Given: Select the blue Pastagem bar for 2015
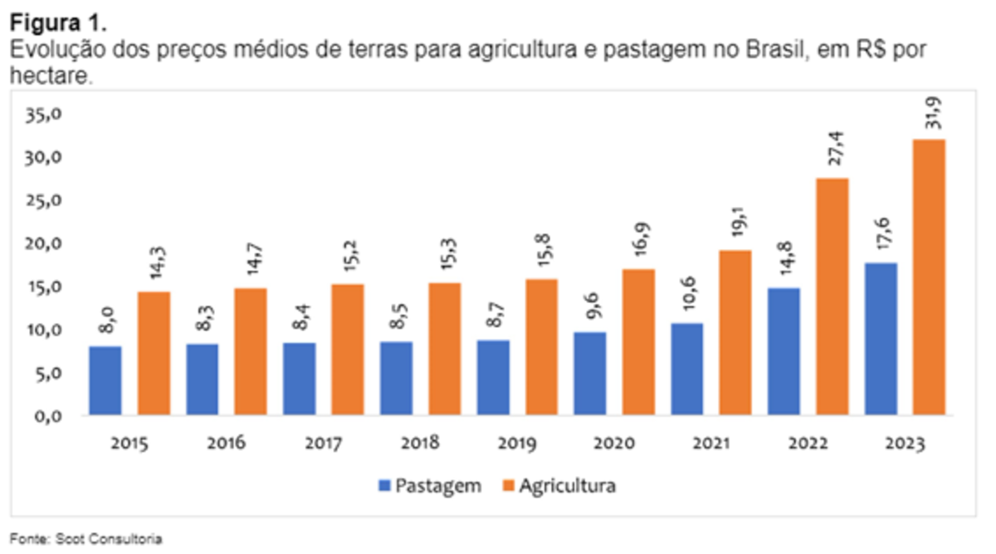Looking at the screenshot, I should pyautogui.click(x=105, y=380).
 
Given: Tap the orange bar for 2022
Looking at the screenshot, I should pyautogui.click(x=832, y=297).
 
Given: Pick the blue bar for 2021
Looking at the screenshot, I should pyautogui.click(x=687, y=369).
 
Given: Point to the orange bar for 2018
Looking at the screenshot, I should pyautogui.click(x=444, y=349).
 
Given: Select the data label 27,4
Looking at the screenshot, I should pyautogui.click(x=832, y=155).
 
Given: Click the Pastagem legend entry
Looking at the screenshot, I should pyautogui.click(x=429, y=486).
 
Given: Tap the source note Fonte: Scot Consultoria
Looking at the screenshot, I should pyautogui.click(x=86, y=539).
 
